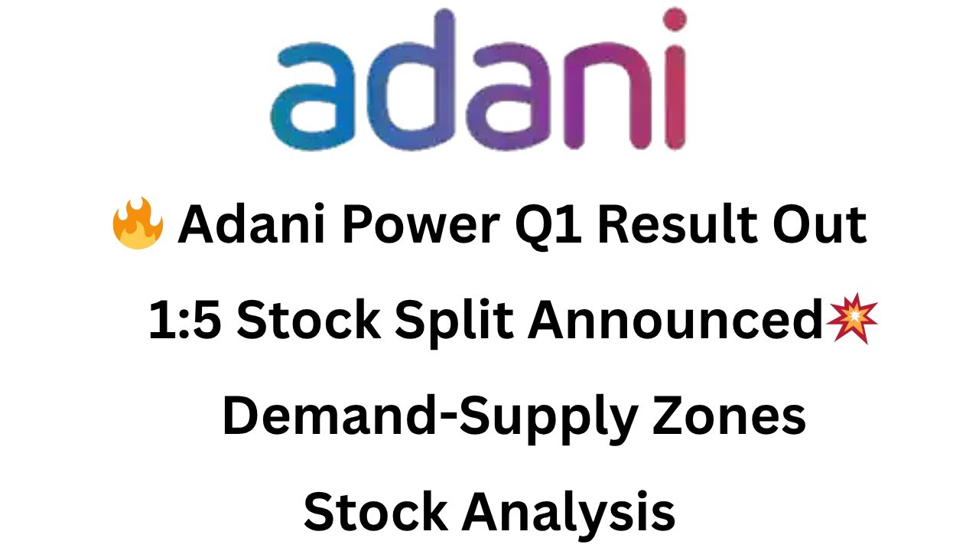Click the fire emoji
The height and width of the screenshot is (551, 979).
[138, 226]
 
